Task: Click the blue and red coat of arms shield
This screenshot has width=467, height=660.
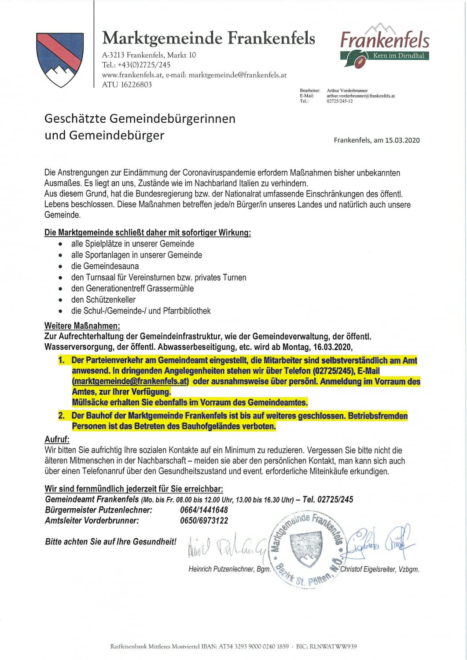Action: pos(59,59)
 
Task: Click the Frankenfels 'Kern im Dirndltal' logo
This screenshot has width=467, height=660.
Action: pos(385,46)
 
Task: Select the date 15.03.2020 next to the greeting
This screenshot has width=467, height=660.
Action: pos(402,140)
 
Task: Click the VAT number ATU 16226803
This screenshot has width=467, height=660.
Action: pos(127,85)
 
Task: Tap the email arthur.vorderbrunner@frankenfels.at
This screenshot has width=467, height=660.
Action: pos(360,96)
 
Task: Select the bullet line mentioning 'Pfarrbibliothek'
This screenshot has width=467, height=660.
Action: pos(141,311)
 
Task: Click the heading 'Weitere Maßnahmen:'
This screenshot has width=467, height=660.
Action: pos(82,326)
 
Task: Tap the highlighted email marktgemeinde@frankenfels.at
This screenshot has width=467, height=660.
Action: pos(131,381)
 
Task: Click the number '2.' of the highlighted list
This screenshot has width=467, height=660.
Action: pos(61,416)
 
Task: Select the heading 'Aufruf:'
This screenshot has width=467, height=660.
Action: pos(57,440)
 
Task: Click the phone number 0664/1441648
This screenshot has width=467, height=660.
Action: pos(204,510)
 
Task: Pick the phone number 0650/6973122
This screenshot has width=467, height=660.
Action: pos(204,521)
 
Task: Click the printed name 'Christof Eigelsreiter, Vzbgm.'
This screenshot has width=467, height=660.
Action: pos(379,569)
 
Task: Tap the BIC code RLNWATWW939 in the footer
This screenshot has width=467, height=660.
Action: pos(333,647)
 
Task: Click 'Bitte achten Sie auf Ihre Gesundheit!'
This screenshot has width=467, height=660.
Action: pos(110,542)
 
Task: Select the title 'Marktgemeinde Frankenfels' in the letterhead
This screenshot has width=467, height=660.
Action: pos(208,38)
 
